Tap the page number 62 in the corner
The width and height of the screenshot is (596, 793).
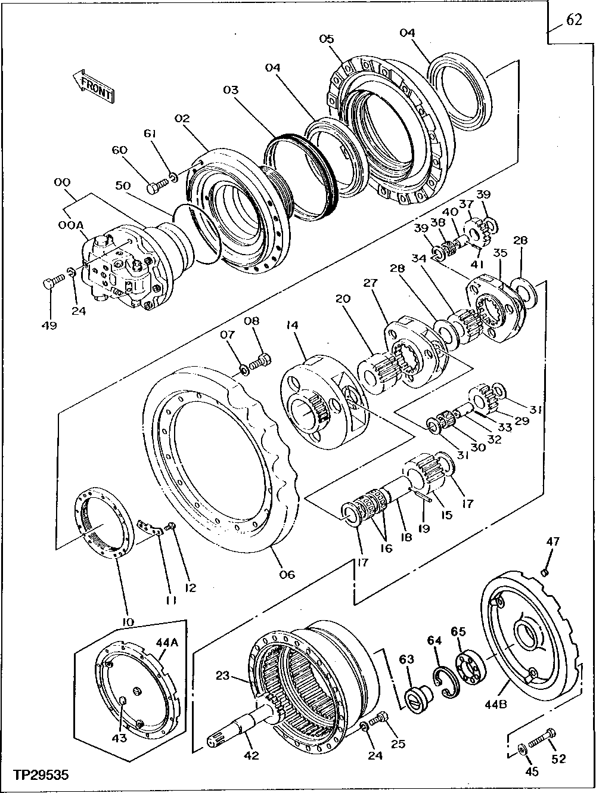click(573, 20)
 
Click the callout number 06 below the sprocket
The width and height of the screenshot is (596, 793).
click(287, 574)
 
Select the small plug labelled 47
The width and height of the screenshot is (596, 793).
click(545, 573)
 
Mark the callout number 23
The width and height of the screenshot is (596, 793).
click(222, 676)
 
